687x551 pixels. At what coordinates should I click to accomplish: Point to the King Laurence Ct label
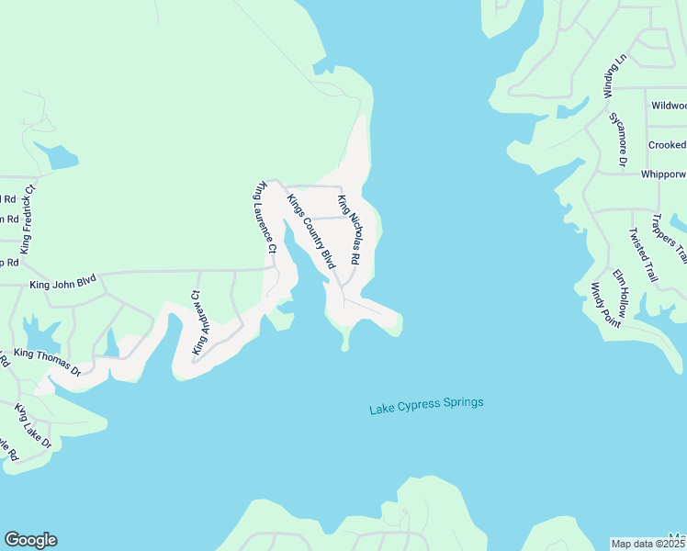click(x=265, y=217)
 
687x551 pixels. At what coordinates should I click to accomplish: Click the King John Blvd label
click(x=62, y=285)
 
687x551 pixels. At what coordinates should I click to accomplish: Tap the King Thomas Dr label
click(x=48, y=361)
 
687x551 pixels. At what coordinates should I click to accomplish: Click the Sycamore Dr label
click(x=618, y=139)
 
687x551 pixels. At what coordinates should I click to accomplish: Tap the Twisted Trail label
click(x=643, y=254)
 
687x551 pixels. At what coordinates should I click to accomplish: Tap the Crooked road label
click(x=667, y=145)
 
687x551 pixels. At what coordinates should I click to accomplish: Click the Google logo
click(x=30, y=540)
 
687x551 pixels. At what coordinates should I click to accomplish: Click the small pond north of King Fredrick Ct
click(x=62, y=157)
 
